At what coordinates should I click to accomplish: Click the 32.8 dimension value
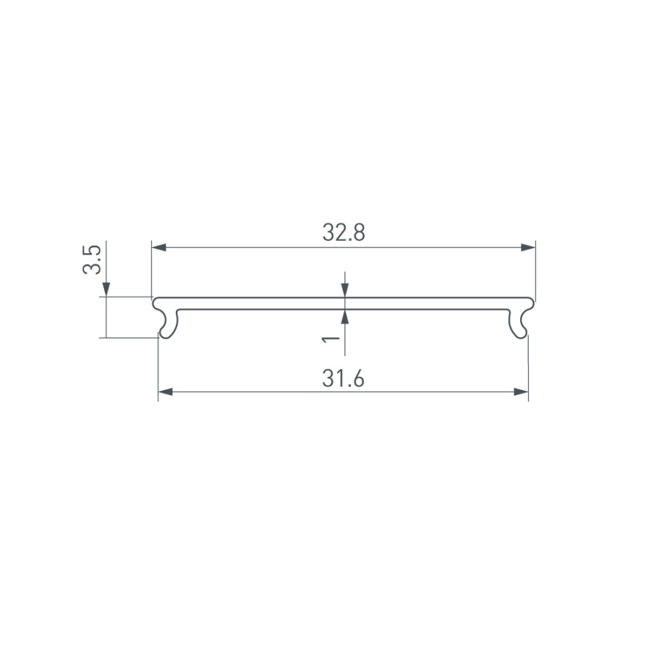[x=343, y=233]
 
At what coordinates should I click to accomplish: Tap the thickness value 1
[x=331, y=338]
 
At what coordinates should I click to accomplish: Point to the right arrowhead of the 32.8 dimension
[x=527, y=247]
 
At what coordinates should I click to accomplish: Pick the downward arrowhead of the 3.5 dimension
[x=106, y=289]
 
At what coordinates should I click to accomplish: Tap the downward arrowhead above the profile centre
[x=346, y=290]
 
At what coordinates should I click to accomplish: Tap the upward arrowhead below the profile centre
[x=346, y=317]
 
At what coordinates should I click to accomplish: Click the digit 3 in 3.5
[x=92, y=268]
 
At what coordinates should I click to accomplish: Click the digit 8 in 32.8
[x=358, y=233]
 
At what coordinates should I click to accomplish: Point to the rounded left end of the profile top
[x=154, y=302]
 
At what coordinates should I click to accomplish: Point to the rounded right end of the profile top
[x=532, y=302]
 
